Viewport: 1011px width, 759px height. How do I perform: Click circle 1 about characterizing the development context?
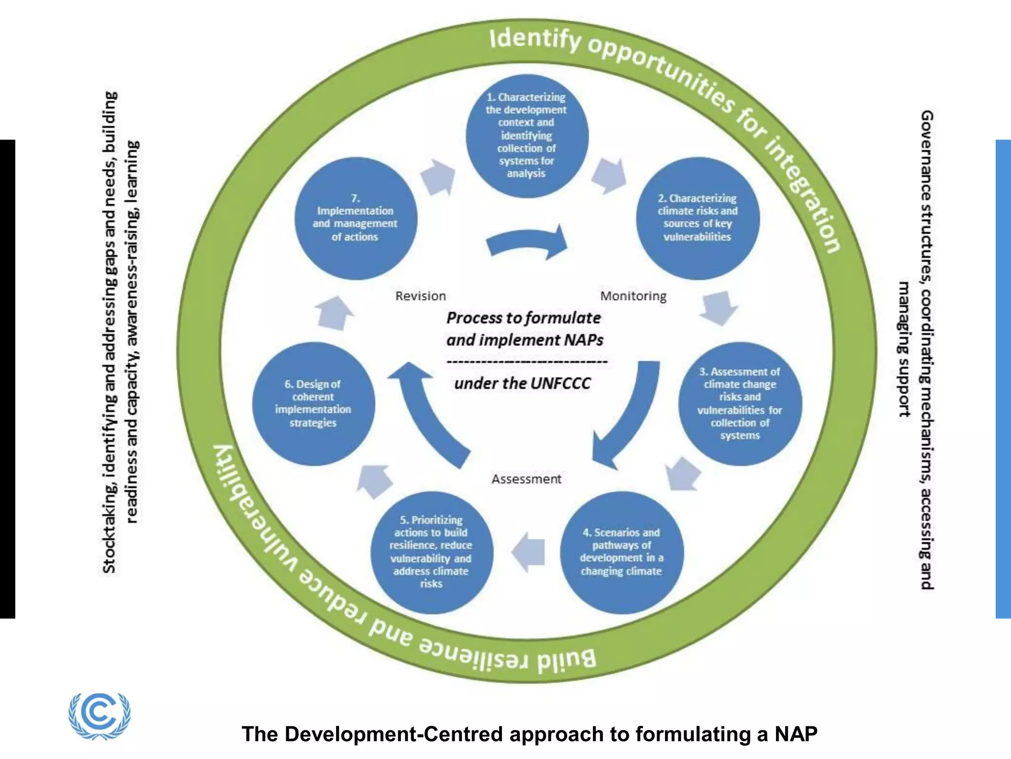click(x=527, y=136)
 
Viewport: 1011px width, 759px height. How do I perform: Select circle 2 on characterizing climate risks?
click(x=698, y=218)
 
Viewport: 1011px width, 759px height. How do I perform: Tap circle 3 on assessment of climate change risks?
click(x=739, y=404)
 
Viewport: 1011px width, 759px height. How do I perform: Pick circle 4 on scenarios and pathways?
click(x=622, y=552)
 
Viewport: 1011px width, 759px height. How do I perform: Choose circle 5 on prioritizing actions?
click(x=431, y=552)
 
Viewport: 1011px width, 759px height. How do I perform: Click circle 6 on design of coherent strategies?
click(x=313, y=404)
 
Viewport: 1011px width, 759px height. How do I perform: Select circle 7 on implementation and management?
click(x=355, y=218)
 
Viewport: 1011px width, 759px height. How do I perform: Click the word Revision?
click(x=421, y=296)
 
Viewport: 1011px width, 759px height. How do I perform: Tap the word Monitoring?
click(x=633, y=296)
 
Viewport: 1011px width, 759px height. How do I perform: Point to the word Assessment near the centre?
click(x=526, y=479)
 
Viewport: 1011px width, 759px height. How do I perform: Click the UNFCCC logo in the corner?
click(x=100, y=715)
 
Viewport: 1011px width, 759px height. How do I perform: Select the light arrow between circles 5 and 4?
click(x=529, y=552)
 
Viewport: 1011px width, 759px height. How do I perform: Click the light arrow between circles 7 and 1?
click(x=438, y=177)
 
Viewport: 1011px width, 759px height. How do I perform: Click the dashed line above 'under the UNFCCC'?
click(x=527, y=362)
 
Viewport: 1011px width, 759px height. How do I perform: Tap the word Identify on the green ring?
click(x=535, y=39)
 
